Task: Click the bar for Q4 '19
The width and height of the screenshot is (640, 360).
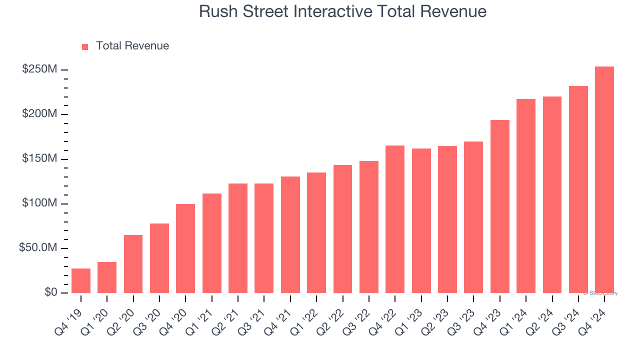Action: pos(81,280)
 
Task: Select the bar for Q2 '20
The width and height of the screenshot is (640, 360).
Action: pos(133,264)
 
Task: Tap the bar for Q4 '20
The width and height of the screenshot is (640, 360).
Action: pos(185,248)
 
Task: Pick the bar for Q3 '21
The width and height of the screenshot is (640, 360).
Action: pos(264,238)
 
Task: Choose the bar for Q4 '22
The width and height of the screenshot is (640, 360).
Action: pos(395,219)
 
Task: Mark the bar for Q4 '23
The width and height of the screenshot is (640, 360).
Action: pos(500,206)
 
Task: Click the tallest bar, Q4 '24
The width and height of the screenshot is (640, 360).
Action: pos(604,180)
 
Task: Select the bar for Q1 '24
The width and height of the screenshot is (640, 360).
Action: pos(526,196)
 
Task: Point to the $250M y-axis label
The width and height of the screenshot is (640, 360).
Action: pos(39,69)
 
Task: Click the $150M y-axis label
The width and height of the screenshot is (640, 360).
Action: pos(39,159)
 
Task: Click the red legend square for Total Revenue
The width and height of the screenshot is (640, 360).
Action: pos(85,46)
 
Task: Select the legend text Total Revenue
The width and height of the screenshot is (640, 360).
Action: pos(132,46)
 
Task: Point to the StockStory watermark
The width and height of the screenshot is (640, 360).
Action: pos(600,293)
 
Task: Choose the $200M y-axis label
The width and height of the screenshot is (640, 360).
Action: pos(39,114)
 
